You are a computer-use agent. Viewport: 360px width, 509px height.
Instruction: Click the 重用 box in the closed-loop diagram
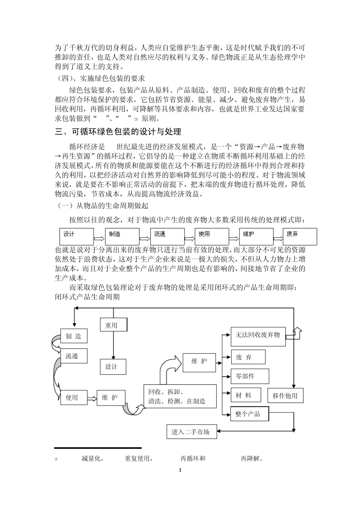113,325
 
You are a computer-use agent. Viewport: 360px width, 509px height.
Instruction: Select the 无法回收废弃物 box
258,336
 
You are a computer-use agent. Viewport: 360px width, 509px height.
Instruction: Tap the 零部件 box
250,376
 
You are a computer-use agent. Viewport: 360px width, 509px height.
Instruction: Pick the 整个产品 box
250,414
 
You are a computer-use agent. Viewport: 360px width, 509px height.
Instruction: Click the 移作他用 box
285,396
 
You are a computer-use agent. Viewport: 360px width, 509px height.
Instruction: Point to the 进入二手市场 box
191,432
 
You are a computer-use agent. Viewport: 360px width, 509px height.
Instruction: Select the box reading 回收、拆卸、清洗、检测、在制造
180,397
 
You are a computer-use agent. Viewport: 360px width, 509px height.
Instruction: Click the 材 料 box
246,395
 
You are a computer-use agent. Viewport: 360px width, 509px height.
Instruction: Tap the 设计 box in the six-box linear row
77,236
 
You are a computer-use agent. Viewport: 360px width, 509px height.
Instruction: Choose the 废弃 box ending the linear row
300,236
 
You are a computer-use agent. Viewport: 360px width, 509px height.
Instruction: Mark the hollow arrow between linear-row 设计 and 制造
99,238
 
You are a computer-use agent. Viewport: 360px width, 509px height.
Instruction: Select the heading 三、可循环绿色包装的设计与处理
118,132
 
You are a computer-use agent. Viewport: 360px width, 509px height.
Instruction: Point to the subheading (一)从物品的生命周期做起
102,206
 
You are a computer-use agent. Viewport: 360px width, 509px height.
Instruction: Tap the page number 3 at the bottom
180,470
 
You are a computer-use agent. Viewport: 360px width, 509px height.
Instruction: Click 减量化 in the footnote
92,459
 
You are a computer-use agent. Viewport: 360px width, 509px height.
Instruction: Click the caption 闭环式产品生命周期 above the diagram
88,297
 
